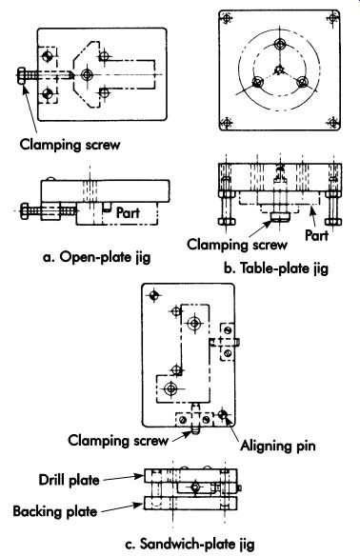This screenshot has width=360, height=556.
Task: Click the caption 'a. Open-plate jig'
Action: pyautogui.click(x=96, y=257)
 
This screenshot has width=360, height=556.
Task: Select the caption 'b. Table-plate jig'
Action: pyautogui.click(x=276, y=268)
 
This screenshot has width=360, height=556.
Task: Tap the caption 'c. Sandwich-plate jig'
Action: pyautogui.click(x=190, y=545)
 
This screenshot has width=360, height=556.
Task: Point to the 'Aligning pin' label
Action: pyautogui.click(x=278, y=446)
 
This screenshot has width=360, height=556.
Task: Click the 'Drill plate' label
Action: pyautogui.click(x=69, y=480)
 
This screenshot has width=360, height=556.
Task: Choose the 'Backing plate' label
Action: pyautogui.click(x=55, y=511)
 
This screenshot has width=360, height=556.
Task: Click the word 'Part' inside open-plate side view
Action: pyautogui.click(x=128, y=212)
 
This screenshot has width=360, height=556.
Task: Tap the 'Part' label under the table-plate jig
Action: pyautogui.click(x=317, y=235)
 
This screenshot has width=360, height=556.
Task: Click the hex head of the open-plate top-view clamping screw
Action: pyautogui.click(x=21, y=75)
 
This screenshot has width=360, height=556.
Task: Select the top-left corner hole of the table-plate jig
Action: pyautogui.click(x=227, y=17)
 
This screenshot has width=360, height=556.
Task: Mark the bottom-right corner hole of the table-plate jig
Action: pyautogui.click(x=332, y=123)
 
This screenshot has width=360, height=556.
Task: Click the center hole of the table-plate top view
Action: pyautogui.click(x=280, y=69)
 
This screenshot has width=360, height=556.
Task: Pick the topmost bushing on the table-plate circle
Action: pyautogui.click(x=280, y=45)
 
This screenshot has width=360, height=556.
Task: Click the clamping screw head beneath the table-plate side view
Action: pyautogui.click(x=280, y=216)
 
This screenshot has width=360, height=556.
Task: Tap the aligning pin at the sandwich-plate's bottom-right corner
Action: pyautogui.click(x=223, y=414)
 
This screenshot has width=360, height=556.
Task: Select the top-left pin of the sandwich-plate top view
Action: pyautogui.click(x=154, y=295)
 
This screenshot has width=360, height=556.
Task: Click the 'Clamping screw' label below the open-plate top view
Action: pyautogui.click(x=70, y=145)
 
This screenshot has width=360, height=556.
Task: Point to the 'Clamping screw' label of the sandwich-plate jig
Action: pyautogui.click(x=118, y=441)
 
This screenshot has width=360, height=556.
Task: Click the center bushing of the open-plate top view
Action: pyautogui.click(x=87, y=75)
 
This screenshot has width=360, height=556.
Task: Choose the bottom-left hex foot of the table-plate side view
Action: pyautogui.click(x=227, y=222)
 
